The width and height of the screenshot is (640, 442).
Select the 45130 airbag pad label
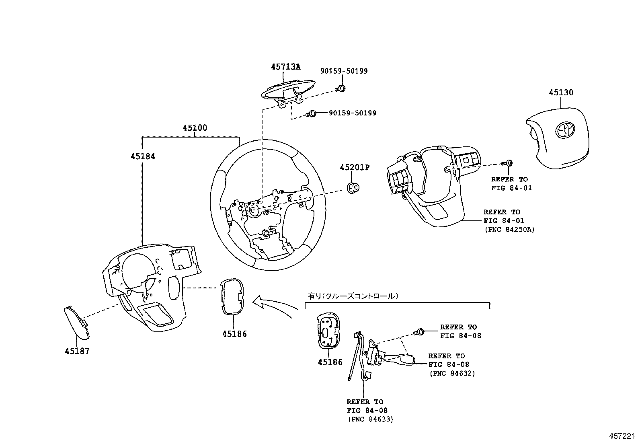tap(561, 93)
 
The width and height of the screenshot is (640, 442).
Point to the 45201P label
tap(354, 167)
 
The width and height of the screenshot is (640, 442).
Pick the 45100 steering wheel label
tap(195, 128)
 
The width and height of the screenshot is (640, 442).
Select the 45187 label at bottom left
tap(77, 351)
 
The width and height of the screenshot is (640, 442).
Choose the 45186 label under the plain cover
tap(234, 334)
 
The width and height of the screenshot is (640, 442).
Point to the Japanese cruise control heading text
tap(353, 296)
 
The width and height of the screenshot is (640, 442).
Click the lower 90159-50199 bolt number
tap(352, 113)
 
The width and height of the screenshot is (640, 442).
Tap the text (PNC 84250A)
tap(510, 230)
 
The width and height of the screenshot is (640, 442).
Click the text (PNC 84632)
tap(452, 373)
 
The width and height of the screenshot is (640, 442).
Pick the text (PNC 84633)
tap(370, 419)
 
